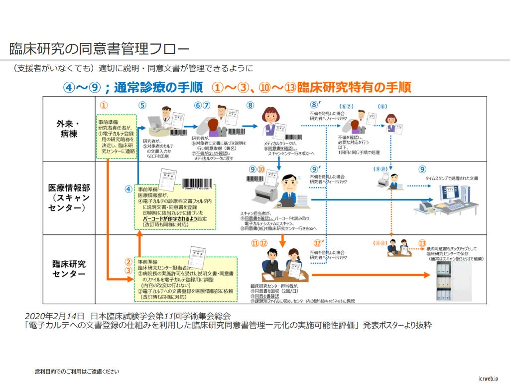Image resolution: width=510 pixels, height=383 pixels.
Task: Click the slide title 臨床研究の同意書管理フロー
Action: [x=99, y=48]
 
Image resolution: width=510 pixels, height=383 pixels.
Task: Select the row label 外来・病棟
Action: [x=69, y=128]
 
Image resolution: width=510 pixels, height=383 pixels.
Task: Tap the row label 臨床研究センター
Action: [x=69, y=269]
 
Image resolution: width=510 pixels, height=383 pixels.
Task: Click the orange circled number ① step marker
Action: [x=104, y=105]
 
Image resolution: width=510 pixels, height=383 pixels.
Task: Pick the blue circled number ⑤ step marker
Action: [x=142, y=105]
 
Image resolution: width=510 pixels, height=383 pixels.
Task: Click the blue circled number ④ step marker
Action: [x=128, y=189]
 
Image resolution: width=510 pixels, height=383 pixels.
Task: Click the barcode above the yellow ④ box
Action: [x=199, y=185]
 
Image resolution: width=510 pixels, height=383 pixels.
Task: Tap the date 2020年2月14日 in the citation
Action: [x=55, y=316]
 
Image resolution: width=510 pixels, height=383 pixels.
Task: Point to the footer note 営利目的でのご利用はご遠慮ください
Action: [x=77, y=371]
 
